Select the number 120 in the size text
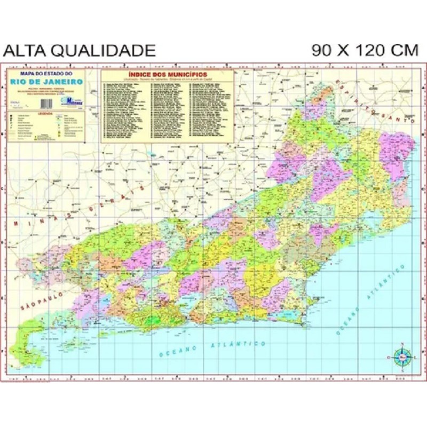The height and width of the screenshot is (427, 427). (364, 50)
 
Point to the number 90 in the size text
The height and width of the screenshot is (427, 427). (322, 50)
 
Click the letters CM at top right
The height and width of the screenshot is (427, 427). (404, 50)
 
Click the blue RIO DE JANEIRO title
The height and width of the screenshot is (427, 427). (46, 82)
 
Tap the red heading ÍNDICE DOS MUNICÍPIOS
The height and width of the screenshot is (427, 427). (168, 74)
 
